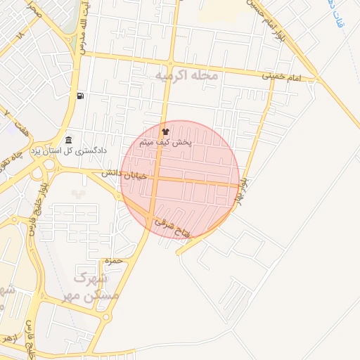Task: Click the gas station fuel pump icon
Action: coord(83,96)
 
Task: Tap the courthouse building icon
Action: coord(68,140)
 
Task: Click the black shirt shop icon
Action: coord(166,131)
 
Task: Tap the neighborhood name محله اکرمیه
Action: coord(186,75)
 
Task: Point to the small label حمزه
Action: coord(113,261)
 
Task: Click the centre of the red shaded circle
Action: coord(180,180)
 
